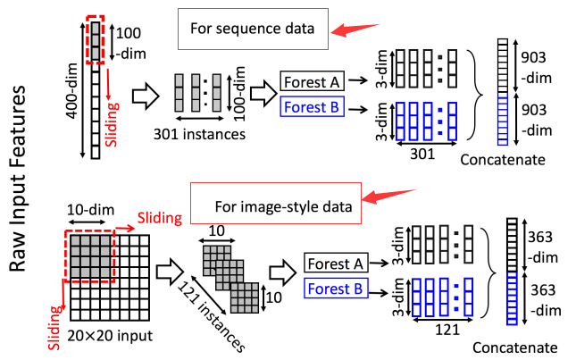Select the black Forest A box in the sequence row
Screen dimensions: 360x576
[x=311, y=81]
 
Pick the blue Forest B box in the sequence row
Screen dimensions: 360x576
[x=311, y=109]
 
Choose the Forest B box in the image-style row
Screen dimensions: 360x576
[x=335, y=288]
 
